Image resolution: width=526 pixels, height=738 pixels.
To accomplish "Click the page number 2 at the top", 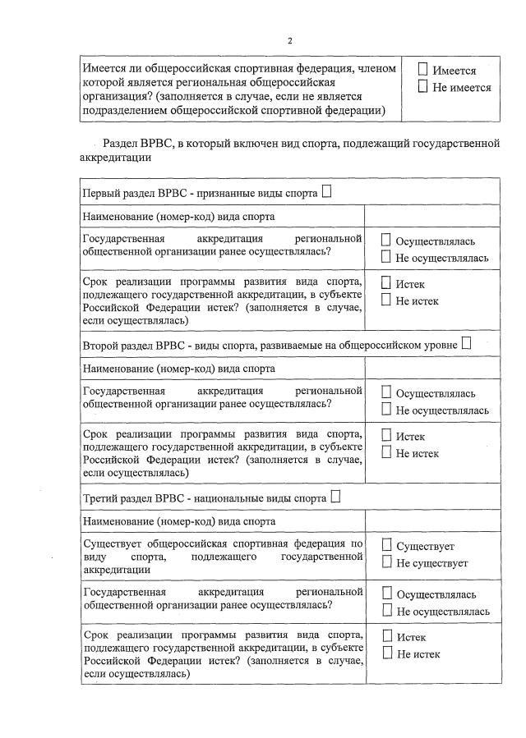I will [x=289, y=40].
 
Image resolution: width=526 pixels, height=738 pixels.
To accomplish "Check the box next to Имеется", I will [x=423, y=71].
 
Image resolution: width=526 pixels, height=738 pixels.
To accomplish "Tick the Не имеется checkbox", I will [x=423, y=87].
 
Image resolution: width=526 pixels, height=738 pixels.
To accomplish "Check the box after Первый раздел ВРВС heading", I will [x=327, y=193].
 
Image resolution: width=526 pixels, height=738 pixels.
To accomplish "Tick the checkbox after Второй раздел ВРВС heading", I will [x=466, y=344].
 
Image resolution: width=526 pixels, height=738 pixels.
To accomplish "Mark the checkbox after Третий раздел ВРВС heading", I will [x=335, y=497].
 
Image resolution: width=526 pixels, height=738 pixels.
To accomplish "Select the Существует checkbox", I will [x=386, y=546].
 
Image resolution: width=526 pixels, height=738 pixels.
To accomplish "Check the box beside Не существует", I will [x=386, y=562].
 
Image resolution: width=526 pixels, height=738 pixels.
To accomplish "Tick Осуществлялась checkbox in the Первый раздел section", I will [x=386, y=241].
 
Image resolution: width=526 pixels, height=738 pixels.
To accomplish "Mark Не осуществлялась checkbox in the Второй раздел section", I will [x=386, y=410].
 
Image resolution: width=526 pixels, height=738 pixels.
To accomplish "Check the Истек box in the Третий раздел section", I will [x=386, y=637].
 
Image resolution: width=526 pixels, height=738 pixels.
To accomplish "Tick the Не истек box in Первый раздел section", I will [x=386, y=300].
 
